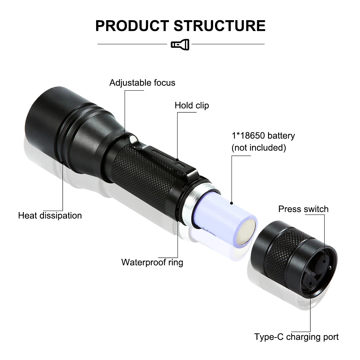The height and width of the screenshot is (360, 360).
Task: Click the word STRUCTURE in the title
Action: [x=220, y=26]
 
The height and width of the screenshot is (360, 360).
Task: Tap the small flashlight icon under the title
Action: [x=180, y=45]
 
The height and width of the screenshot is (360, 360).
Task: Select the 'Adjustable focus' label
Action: [x=142, y=83]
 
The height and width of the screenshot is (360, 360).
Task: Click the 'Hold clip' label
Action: [x=192, y=105]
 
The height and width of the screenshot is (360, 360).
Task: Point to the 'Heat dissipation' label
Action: [x=50, y=216]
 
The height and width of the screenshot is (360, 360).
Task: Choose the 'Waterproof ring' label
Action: [x=152, y=262]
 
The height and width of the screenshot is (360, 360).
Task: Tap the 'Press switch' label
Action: [x=303, y=209]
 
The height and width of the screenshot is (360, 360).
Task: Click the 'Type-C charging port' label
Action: [x=296, y=337]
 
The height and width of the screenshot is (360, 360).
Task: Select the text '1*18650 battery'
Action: [x=263, y=136]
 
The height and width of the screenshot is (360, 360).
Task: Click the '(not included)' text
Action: [x=258, y=148]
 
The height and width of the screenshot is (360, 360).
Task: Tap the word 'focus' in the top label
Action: [x=164, y=83]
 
